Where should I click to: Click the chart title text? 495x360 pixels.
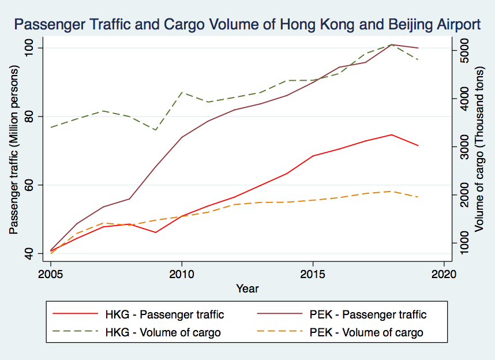tap(247, 24)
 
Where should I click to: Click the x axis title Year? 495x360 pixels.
tap(247, 288)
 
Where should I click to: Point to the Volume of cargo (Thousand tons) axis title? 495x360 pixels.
tap(480, 151)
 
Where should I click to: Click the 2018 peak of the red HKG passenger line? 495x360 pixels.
tap(392, 134)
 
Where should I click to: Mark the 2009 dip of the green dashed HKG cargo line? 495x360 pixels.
tap(156, 130)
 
